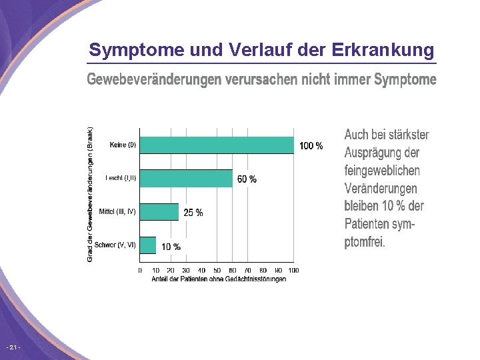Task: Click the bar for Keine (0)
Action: [x=217, y=145]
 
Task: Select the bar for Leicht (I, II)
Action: [x=186, y=178]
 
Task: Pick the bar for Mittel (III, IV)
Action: [x=159, y=212]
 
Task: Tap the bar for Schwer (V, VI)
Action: [x=148, y=245]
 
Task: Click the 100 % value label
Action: [x=311, y=146]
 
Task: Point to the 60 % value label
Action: [x=247, y=179]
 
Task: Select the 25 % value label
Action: [x=193, y=213]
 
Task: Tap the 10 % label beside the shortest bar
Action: [x=171, y=247]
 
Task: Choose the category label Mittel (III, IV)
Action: [x=117, y=211]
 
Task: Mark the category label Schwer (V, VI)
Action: [x=115, y=245]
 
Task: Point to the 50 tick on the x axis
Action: [x=217, y=270]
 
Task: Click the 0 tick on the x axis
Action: [x=140, y=270]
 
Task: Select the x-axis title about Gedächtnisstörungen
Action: [x=219, y=279]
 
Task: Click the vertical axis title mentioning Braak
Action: [x=91, y=194]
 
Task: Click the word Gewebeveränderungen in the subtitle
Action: [x=153, y=80]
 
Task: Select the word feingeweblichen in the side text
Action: [x=382, y=170]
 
